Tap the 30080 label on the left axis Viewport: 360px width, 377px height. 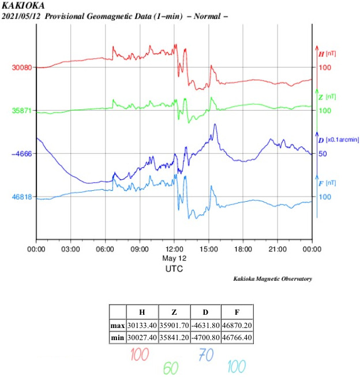click(x=22, y=67)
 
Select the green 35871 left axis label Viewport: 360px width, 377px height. click(x=22, y=111)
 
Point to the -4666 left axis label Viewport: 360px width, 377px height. click(x=22, y=154)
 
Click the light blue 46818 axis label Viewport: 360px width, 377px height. click(x=22, y=197)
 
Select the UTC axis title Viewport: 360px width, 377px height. click(x=174, y=269)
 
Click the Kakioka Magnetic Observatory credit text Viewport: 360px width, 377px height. click(x=272, y=279)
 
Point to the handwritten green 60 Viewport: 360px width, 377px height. click(x=171, y=367)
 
